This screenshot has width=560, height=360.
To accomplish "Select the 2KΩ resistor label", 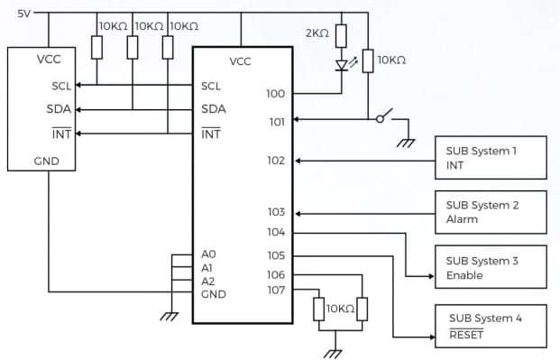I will [x=317, y=33].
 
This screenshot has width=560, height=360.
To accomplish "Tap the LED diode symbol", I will [x=342, y=65].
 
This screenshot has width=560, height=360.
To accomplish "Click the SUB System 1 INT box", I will [x=491, y=158].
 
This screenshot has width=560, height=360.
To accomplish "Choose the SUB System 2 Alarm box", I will [x=491, y=212].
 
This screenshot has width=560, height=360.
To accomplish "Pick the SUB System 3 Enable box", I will [x=491, y=267].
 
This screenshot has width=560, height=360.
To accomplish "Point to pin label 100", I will [x=276, y=93].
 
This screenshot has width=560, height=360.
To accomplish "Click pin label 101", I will [x=276, y=120].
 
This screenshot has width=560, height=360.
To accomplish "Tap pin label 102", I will [x=276, y=162].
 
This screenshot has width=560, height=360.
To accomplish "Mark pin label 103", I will [x=276, y=213].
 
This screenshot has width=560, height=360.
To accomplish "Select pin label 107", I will [x=276, y=290].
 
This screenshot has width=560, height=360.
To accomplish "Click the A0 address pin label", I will [x=208, y=255].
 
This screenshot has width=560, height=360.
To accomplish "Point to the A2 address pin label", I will [x=208, y=281].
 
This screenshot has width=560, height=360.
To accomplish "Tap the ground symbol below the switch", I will [x=405, y=141].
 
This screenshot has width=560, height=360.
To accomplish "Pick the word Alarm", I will [x=462, y=219].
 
